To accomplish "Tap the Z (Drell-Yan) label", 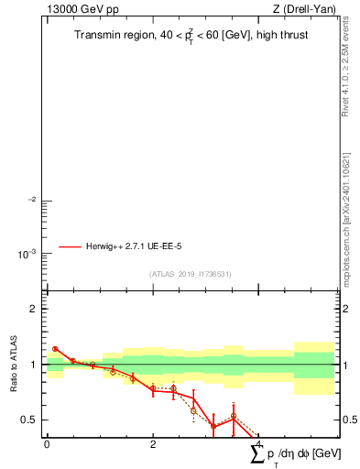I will click(x=304, y=9).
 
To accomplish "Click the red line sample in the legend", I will click(x=71, y=246).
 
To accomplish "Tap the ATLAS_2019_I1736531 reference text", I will click(x=191, y=274).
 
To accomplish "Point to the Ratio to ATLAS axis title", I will click(x=14, y=365).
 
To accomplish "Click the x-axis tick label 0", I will click(x=47, y=444).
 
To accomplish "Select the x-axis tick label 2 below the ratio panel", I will click(x=153, y=444).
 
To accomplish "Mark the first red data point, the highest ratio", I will click(x=55, y=349).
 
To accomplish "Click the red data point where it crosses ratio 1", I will click(x=93, y=365).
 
